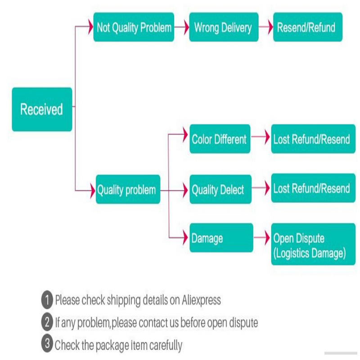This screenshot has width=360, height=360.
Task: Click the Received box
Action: coord(42,109)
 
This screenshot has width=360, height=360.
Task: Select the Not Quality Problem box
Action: coord(134,27)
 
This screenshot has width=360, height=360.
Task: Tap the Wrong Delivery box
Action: coord(223,27)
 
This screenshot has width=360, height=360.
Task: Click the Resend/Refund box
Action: coord(307,27)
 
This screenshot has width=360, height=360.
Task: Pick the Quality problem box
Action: coord(127,189)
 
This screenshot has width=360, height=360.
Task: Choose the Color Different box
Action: coord(219,139)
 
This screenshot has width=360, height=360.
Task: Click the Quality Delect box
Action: coord(219,189)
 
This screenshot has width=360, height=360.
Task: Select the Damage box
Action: coord(221,238)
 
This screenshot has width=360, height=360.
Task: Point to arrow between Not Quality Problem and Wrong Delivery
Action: coord(181,27)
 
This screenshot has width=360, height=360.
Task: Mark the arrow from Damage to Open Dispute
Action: coord(262,238)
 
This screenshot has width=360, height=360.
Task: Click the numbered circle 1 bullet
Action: coord(47,300)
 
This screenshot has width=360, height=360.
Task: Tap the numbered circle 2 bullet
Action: coord(47,322)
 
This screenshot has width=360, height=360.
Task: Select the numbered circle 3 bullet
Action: coord(47,345)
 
